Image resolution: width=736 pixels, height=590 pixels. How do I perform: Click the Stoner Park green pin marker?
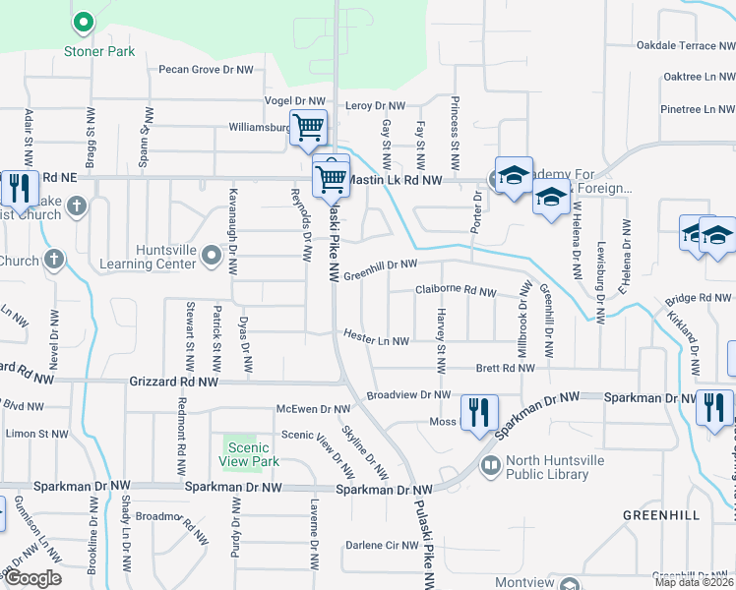(x=84, y=22)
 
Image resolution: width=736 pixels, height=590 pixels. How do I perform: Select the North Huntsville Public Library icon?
(x=489, y=463)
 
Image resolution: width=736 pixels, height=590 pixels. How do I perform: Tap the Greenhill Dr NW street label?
(x=380, y=265)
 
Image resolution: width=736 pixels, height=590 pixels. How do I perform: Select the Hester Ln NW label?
(x=376, y=337)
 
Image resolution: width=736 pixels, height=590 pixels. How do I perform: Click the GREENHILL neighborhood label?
(x=660, y=515)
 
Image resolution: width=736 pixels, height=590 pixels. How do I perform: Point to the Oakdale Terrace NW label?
(x=676, y=46)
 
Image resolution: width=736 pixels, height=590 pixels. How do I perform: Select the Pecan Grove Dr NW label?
(x=207, y=70)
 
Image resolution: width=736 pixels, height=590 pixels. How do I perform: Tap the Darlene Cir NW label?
(x=382, y=545)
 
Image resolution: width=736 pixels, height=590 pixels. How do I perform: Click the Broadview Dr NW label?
(x=407, y=395)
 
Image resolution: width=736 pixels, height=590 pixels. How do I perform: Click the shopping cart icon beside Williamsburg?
(x=309, y=128)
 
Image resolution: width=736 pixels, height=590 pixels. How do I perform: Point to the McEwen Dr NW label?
(x=314, y=409)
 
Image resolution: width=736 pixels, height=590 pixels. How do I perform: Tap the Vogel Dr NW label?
(x=295, y=101)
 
